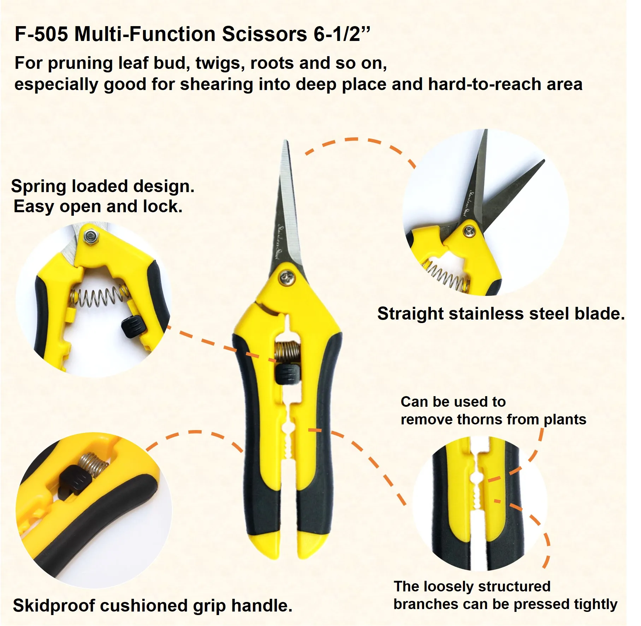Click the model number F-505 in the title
click(41, 34)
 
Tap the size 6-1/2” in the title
click(342, 34)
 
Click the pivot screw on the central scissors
click(287, 278)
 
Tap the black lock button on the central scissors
click(287, 374)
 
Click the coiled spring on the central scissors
click(287, 352)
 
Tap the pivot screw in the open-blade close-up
click(469, 231)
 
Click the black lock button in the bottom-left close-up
click(75, 482)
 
